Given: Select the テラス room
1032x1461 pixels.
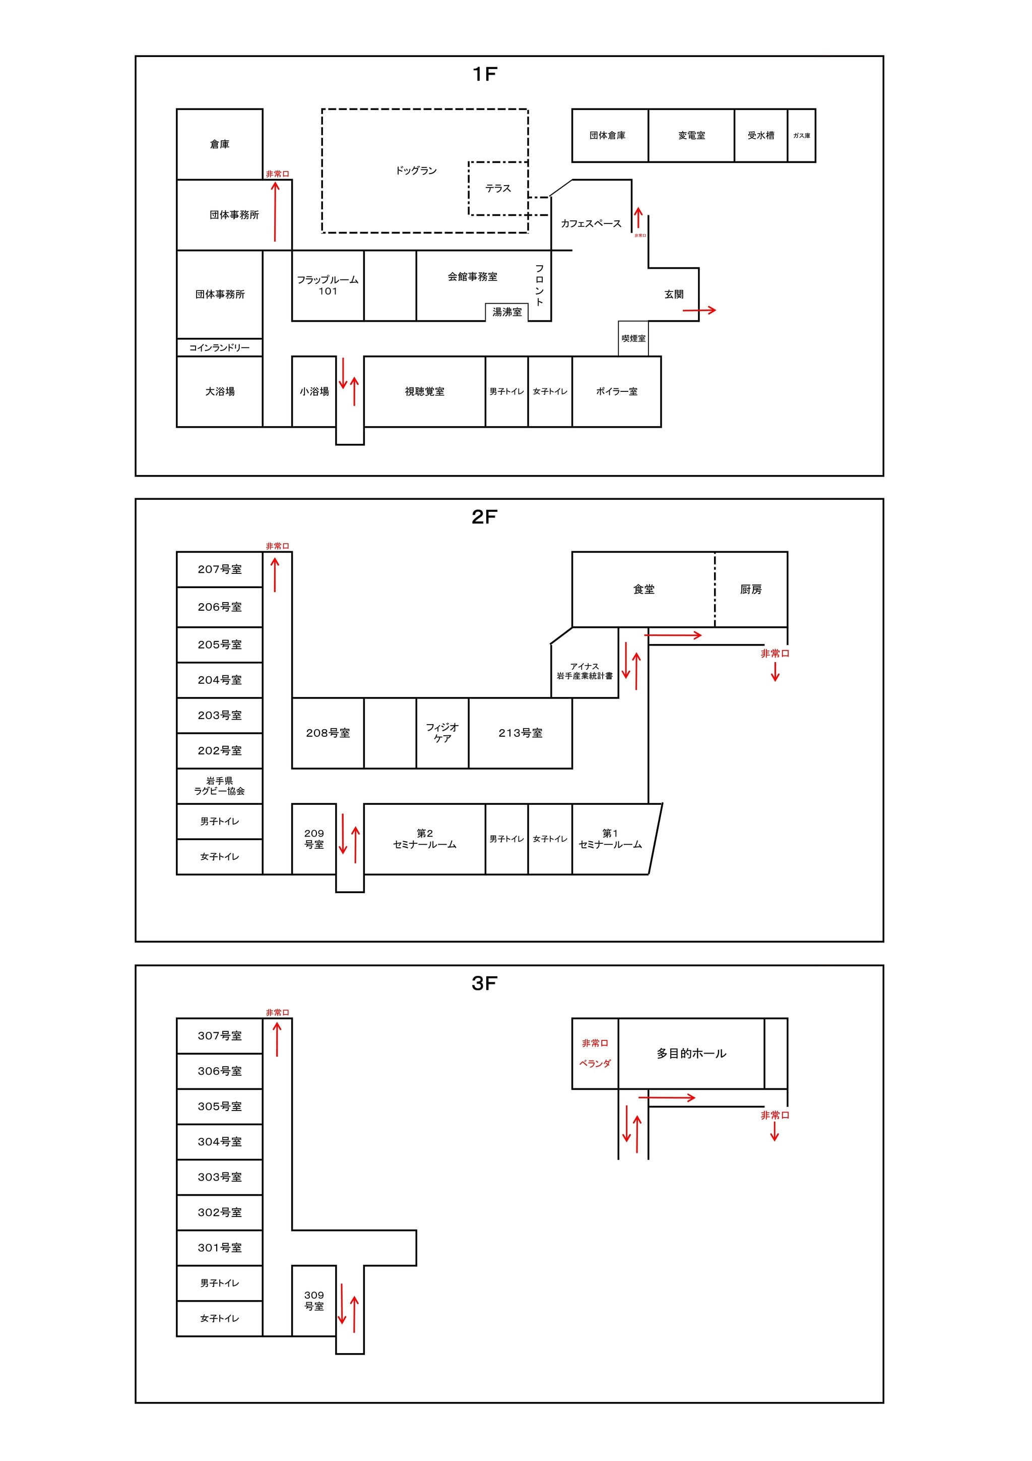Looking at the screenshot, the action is click(498, 188).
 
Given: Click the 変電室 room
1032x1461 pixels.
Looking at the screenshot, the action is click(691, 136).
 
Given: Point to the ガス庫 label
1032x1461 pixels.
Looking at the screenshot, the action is click(801, 136).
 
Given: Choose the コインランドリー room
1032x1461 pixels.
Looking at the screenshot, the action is click(219, 347).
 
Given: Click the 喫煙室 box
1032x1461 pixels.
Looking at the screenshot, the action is click(633, 338).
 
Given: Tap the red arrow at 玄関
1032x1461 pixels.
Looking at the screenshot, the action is click(699, 311).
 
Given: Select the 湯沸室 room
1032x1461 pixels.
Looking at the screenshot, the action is click(507, 312).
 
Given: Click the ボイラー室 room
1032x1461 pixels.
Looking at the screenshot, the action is click(616, 391).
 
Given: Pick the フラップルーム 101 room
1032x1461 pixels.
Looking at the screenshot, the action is click(328, 286).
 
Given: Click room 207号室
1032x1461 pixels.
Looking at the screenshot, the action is click(219, 569).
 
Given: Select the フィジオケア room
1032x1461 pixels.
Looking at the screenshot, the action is click(442, 733).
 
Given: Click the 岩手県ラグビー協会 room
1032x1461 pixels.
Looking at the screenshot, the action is click(219, 786).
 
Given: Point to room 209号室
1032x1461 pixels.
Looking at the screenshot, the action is click(314, 839).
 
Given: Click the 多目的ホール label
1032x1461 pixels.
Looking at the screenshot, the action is click(691, 1054).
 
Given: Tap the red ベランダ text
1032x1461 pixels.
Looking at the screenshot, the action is click(595, 1063).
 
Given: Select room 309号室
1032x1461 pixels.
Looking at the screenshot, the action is click(314, 1301).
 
